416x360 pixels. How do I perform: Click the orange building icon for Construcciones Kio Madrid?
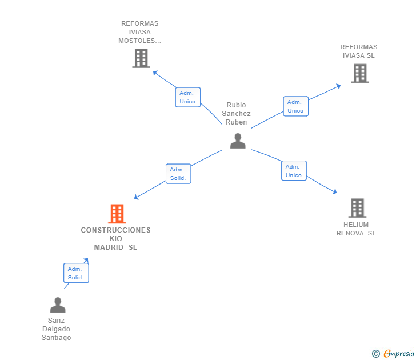[x=117, y=214]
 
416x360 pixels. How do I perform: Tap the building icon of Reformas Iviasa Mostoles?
[x=141, y=58]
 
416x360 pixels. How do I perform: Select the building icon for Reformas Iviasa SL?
[x=359, y=73]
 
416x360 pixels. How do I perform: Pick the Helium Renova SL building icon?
[x=357, y=208]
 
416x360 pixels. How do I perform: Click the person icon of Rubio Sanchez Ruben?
[x=238, y=141]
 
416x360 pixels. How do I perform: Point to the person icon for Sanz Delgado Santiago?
[x=58, y=305]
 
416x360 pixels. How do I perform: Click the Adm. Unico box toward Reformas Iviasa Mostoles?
[x=187, y=97]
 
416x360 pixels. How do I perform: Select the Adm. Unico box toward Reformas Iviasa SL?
[x=295, y=106]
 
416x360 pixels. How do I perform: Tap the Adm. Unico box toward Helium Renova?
[x=294, y=171]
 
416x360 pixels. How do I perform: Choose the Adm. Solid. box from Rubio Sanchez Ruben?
[x=178, y=174]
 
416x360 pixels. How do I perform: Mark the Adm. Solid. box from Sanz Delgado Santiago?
[x=76, y=273]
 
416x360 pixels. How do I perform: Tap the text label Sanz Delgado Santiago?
[x=56, y=329]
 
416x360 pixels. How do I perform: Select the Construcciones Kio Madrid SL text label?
[x=115, y=239]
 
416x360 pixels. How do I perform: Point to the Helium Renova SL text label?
[x=356, y=229]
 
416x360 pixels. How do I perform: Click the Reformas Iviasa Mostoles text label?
[x=140, y=32]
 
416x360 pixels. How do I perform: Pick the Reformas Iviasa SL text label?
[x=359, y=51]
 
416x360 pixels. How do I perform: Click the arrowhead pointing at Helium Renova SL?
[x=335, y=193]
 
